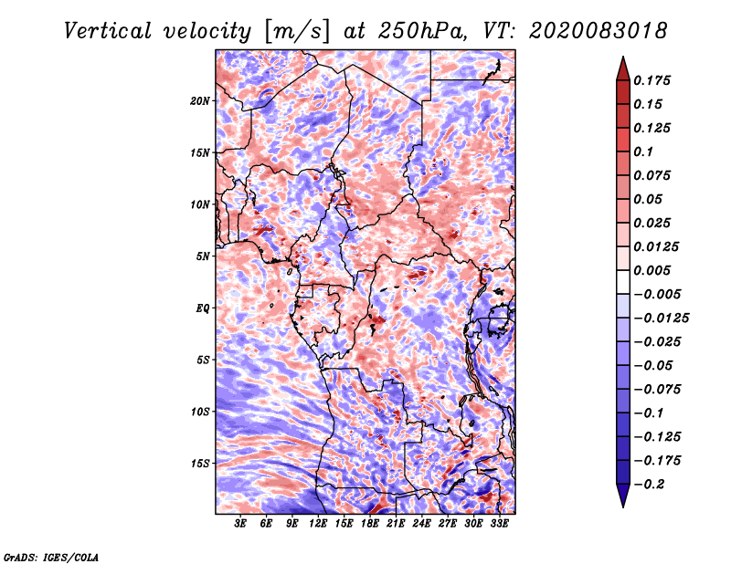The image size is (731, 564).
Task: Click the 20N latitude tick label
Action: (200, 100)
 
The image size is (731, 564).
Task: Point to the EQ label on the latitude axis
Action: (203, 308)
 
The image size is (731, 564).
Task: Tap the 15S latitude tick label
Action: (200, 463)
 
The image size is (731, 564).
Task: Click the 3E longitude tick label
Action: (241, 524)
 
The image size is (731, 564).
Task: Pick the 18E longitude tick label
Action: (370, 524)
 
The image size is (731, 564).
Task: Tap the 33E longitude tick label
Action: (499, 524)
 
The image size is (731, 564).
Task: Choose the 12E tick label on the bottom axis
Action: (318, 524)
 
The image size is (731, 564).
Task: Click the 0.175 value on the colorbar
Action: (655, 80)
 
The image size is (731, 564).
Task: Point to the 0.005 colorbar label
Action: (655, 270)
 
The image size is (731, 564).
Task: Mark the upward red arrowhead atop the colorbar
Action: (622, 67)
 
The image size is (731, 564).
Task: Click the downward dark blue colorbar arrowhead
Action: (622, 498)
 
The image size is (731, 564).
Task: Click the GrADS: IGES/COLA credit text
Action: (50, 556)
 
